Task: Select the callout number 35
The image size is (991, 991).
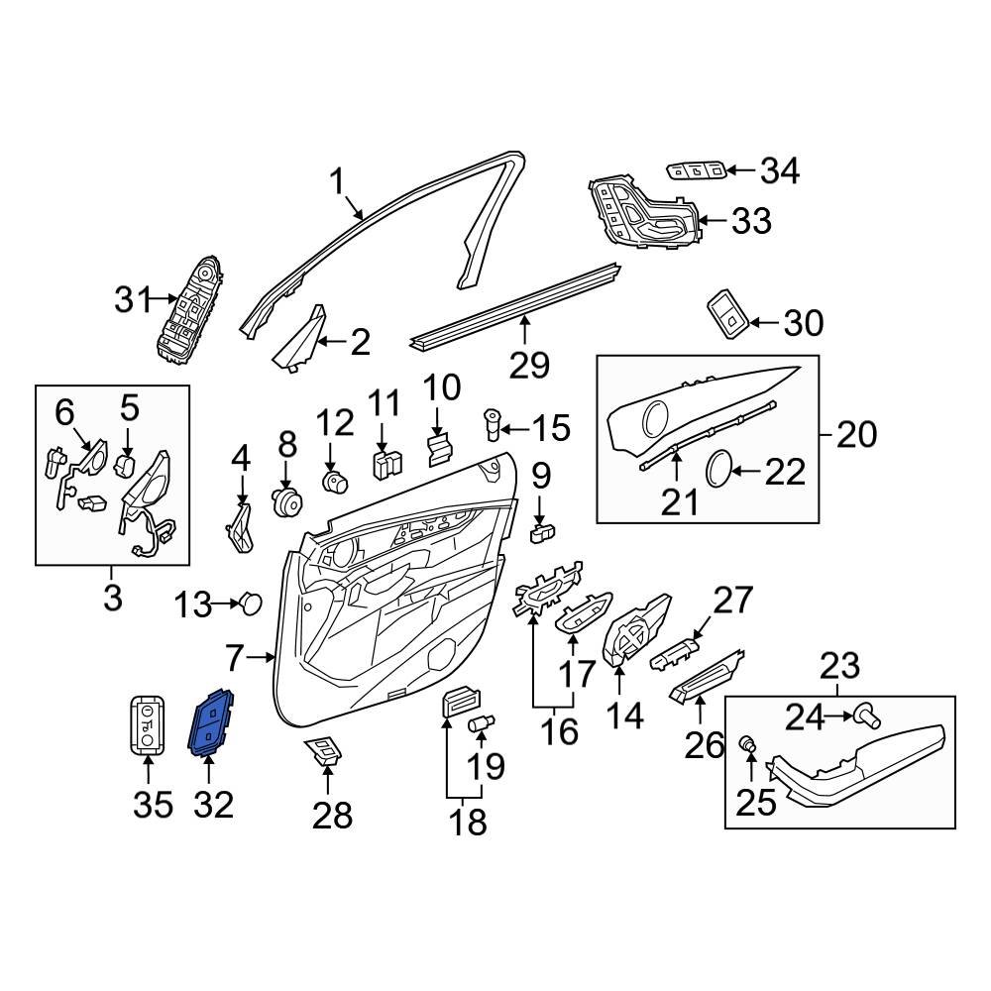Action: pyautogui.click(x=153, y=804)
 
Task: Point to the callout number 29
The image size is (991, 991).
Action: pyautogui.click(x=529, y=366)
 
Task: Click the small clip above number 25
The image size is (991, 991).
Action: pyautogui.click(x=750, y=742)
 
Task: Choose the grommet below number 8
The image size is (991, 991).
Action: pyautogui.click(x=287, y=500)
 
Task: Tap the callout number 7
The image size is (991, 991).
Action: pyautogui.click(x=234, y=656)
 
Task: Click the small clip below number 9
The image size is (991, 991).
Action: pyautogui.click(x=543, y=535)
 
